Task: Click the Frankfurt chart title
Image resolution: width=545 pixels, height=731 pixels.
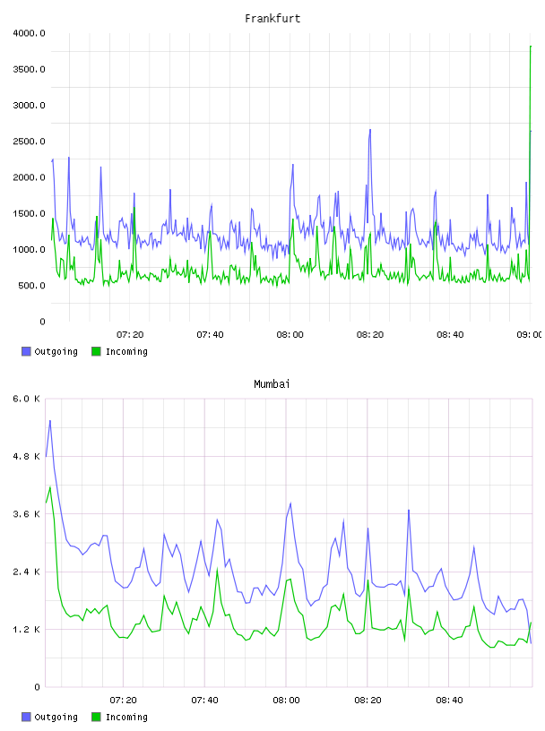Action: pyautogui.click(x=272, y=19)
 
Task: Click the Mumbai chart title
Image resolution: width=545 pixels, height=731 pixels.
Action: pyautogui.click(x=272, y=384)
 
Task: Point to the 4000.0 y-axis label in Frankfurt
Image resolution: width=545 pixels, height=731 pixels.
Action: pyautogui.click(x=29, y=33)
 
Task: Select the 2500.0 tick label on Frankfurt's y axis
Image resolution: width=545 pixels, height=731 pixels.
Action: pyautogui.click(x=29, y=142)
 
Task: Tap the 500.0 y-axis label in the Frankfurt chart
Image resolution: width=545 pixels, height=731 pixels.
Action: pyautogui.click(x=31, y=285)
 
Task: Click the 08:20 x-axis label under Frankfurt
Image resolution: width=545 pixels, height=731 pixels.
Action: pyautogui.click(x=370, y=335)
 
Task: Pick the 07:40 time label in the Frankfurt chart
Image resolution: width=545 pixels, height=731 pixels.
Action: pyautogui.click(x=210, y=335)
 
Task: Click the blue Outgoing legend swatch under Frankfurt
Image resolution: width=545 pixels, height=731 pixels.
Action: pyautogui.click(x=26, y=351)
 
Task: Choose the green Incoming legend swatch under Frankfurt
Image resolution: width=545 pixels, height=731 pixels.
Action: pyautogui.click(x=96, y=351)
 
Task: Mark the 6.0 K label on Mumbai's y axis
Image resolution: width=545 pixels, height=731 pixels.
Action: pyautogui.click(x=26, y=399)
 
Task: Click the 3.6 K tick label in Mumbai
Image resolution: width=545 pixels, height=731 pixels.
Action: pyautogui.click(x=26, y=514)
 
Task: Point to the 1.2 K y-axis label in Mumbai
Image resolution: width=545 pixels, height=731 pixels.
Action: pyautogui.click(x=26, y=630)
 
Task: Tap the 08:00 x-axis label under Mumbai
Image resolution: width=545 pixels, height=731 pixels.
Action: pyautogui.click(x=286, y=701)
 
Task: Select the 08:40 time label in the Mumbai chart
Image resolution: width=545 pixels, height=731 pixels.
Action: pyautogui.click(x=449, y=701)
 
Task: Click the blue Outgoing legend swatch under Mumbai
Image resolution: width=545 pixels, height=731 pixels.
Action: pyautogui.click(x=26, y=717)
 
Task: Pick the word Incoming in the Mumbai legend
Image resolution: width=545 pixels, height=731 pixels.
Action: pyautogui.click(x=126, y=717)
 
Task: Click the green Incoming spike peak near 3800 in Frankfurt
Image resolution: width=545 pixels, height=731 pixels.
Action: pyautogui.click(x=531, y=47)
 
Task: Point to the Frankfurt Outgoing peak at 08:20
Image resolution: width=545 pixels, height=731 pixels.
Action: pyautogui.click(x=370, y=130)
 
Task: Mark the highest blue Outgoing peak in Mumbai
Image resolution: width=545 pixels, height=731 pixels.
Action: pyautogui.click(x=50, y=420)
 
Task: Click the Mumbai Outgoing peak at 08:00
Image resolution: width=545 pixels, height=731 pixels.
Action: pyautogui.click(x=290, y=503)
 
